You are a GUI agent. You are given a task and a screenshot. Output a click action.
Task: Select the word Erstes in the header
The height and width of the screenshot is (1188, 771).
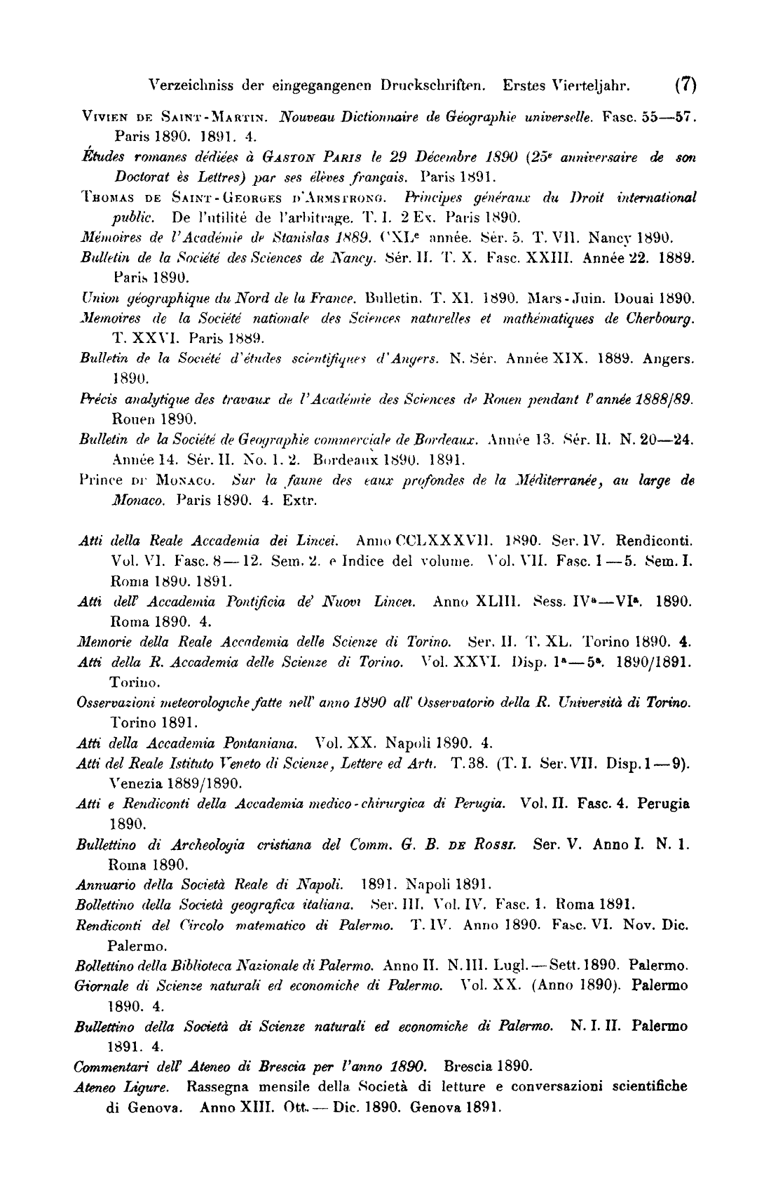526,86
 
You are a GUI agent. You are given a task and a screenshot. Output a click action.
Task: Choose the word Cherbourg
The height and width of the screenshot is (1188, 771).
658,320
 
